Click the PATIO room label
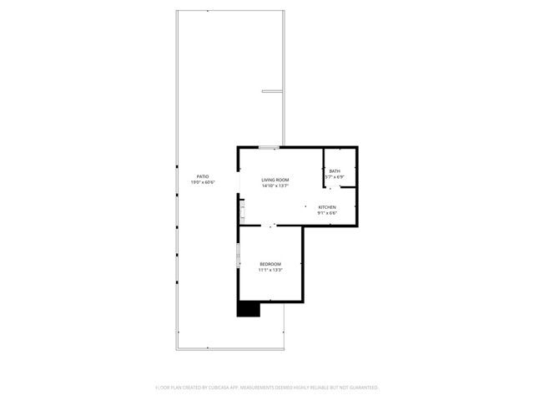(203, 176)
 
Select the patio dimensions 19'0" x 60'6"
(203, 182)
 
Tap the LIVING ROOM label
(275, 180)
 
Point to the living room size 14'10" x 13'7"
(275, 185)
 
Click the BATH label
(335, 171)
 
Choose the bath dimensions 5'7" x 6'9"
(335, 177)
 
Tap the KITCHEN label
(326, 206)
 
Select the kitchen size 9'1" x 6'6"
(326, 212)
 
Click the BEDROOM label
(270, 264)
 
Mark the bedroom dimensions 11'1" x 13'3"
(270, 270)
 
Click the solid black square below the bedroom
(249, 309)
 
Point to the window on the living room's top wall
(269, 148)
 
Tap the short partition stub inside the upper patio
(273, 91)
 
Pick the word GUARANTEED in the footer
(361, 388)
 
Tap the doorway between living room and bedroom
(271, 226)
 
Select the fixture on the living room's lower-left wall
(242, 208)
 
